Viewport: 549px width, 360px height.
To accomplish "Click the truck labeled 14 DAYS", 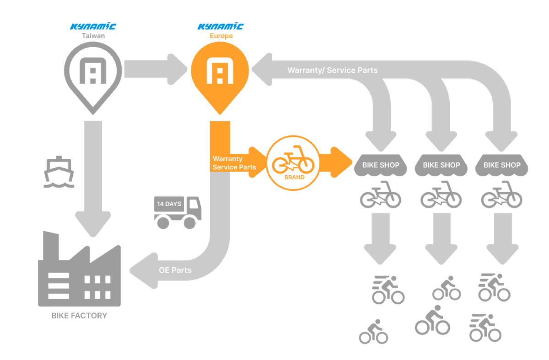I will [178, 211].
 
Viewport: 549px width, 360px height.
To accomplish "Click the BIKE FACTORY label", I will [79, 316].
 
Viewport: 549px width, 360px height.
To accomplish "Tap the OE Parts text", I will [175, 270].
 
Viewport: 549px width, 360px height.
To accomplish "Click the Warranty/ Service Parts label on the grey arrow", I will [333, 70].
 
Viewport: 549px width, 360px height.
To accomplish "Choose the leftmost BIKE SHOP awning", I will [380, 166].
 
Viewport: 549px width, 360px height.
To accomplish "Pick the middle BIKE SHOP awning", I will [441, 166].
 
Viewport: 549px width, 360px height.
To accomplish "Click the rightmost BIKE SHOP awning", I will [501, 166].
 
